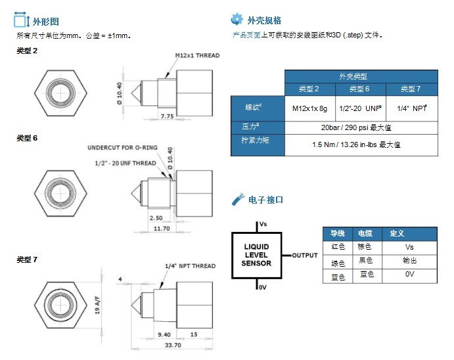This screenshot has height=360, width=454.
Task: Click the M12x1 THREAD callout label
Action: pyautogui.click(x=197, y=56)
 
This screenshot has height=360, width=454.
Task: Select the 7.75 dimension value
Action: pyautogui.click(x=167, y=116)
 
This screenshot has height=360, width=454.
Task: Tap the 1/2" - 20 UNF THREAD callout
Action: pyautogui.click(x=125, y=163)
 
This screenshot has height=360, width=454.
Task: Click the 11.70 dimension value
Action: pyautogui.click(x=161, y=228)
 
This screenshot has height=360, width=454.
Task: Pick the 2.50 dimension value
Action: pyautogui.click(x=156, y=217)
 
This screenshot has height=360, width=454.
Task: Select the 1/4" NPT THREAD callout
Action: pyautogui.click(x=190, y=266)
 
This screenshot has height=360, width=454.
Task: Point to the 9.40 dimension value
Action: pyautogui.click(x=164, y=334)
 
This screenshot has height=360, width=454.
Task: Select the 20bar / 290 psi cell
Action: pyautogui.click(x=361, y=127)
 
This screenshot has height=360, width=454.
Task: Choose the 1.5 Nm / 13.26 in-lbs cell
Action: pyautogui.click(x=361, y=144)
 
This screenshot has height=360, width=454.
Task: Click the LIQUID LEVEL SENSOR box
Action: pyautogui.click(x=256, y=255)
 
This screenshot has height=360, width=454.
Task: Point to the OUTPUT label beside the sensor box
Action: pyautogui.click(x=305, y=256)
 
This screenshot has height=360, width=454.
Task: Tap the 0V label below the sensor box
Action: pyautogui.click(x=262, y=287)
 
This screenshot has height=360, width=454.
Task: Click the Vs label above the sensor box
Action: pyautogui.click(x=263, y=224)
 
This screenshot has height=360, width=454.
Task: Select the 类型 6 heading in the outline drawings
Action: pyautogui.click(x=27, y=138)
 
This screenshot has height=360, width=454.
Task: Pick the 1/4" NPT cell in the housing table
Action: pyautogui.click(x=412, y=107)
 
